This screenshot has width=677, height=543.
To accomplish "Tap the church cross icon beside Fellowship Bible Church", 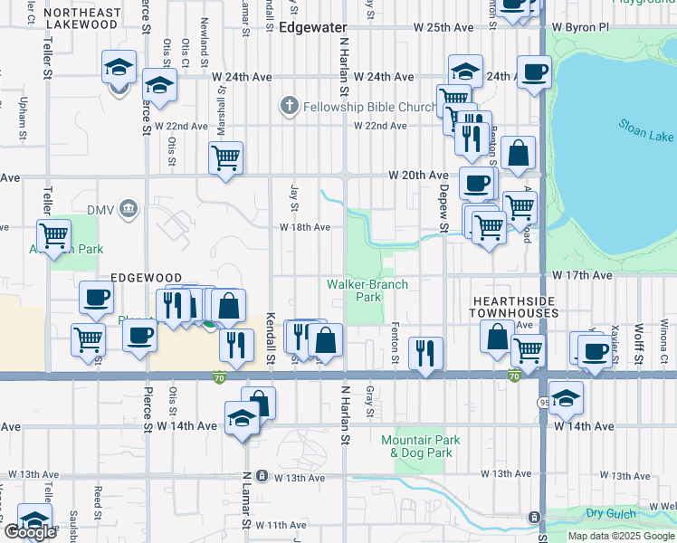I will point(289,107).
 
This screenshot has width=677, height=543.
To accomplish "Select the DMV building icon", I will point(129,210).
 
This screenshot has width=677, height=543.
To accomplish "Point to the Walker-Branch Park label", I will point(367,291).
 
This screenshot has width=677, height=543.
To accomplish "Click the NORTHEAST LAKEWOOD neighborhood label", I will point(81,19).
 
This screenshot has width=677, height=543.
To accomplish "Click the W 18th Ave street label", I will point(304,227).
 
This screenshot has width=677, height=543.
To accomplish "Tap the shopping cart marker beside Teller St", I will point(54,235).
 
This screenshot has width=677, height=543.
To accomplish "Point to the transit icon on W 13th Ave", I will point(262,475).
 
